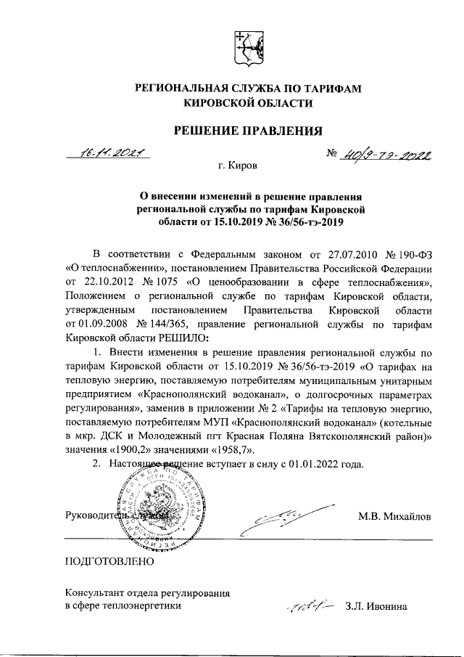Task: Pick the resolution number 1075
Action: (x=165, y=281)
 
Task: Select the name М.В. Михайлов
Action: (x=394, y=517)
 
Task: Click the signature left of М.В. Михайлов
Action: (x=275, y=521)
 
